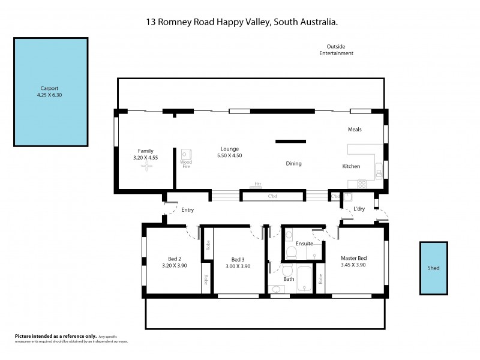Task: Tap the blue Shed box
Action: [433, 268]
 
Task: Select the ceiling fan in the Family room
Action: [145, 169]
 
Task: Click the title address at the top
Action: [240, 22]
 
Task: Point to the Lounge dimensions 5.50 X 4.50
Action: [230, 156]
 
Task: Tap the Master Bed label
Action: [353, 258]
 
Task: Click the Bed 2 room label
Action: [171, 258]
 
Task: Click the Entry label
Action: [188, 209]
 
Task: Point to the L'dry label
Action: [359, 208]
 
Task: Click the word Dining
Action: [293, 163]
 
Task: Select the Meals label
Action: [355, 130]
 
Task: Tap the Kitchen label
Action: [351, 166]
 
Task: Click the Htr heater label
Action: [258, 184]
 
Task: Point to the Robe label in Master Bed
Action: [321, 279]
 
